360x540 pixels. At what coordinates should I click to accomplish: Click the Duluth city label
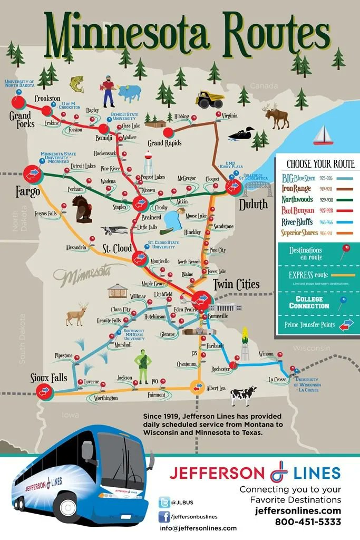pyautogui.click(x=253, y=205)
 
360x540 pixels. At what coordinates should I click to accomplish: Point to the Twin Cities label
pyautogui.click(x=236, y=285)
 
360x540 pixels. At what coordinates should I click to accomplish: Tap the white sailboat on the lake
pyautogui.click(x=321, y=136)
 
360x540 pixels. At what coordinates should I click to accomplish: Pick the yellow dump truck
pyautogui.click(x=209, y=99)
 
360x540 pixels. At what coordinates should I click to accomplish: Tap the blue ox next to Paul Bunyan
pyautogui.click(x=129, y=93)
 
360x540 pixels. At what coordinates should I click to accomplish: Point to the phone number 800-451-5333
pyautogui.click(x=308, y=522)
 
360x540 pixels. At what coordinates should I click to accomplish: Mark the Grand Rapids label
pyautogui.click(x=164, y=143)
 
